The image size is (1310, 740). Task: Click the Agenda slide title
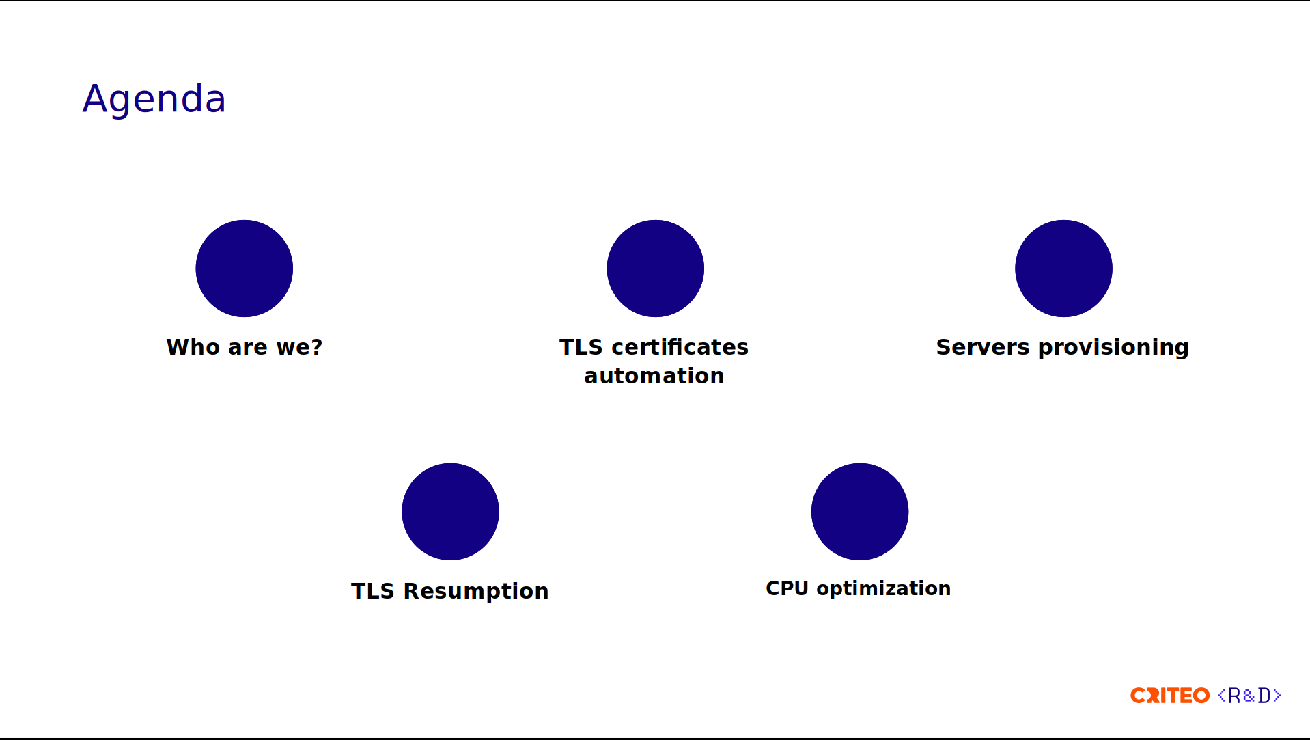[154, 99]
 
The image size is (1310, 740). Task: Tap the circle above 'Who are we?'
[245, 269]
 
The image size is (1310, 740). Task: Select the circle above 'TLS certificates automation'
[656, 269]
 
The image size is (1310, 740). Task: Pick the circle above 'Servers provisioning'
[1063, 269]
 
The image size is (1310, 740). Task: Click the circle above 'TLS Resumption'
[451, 512]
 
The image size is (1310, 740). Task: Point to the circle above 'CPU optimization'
[860, 512]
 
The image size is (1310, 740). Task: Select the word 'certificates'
[680, 347]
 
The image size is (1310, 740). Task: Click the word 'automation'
[654, 376]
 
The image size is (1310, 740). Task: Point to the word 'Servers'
[982, 347]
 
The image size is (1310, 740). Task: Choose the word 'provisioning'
[1113, 348]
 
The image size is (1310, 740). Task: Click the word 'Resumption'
[476, 592]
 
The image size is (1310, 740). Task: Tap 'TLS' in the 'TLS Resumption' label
[373, 591]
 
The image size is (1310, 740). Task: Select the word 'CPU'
[787, 588]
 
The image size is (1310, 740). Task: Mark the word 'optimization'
[884, 589]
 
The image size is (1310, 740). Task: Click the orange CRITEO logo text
[1170, 696]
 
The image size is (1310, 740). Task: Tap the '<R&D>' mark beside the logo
[1249, 696]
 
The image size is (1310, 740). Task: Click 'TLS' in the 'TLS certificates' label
[581, 347]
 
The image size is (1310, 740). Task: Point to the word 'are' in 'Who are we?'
[248, 348]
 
